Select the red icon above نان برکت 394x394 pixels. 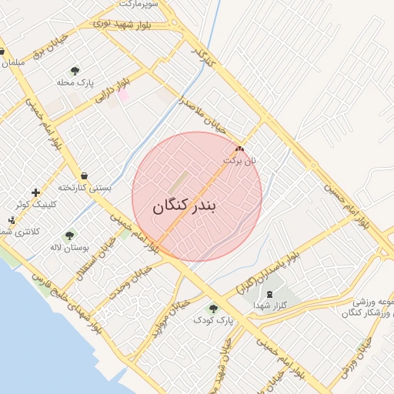(239, 149)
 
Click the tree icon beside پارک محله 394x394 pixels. (75, 72)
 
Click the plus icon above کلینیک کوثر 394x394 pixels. (35, 192)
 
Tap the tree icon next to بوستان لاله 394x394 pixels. (69, 236)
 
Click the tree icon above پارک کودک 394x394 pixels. (213, 309)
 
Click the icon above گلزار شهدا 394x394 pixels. (269, 294)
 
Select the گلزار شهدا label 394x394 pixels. (269, 306)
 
